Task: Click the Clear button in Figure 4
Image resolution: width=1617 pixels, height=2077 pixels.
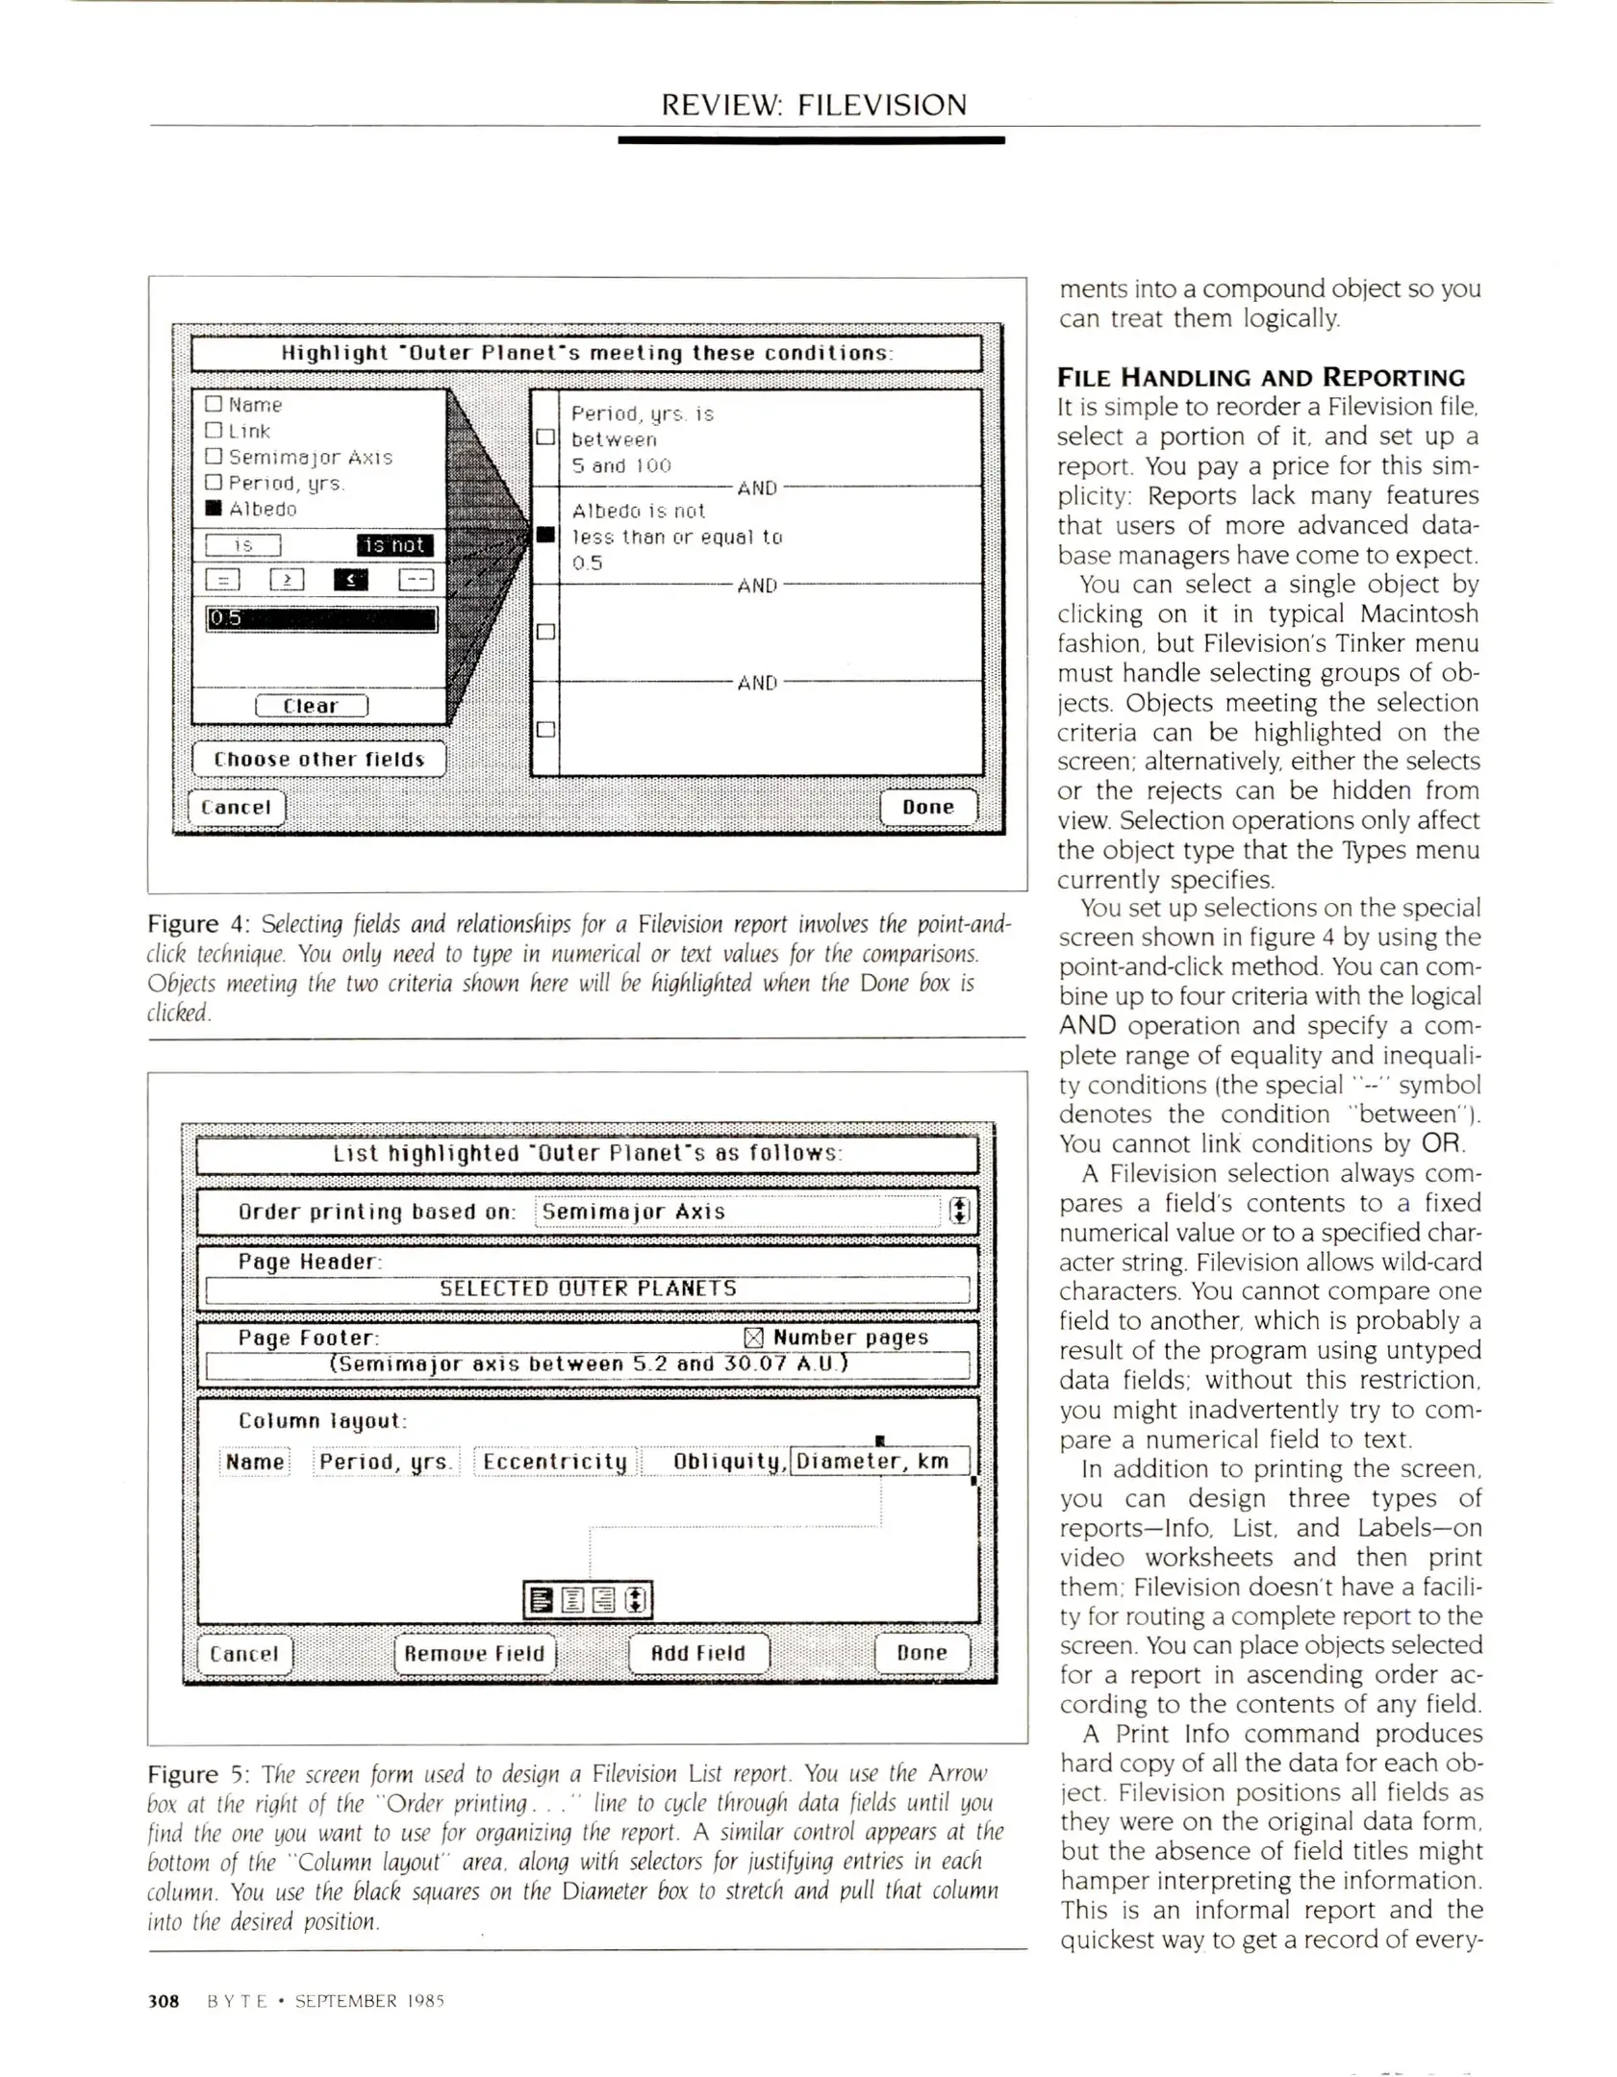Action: point(311,706)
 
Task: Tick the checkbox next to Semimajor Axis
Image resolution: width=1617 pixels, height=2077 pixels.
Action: point(214,457)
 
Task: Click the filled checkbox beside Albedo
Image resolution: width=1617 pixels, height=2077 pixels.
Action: point(214,509)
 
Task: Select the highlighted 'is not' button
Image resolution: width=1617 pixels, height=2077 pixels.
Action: point(394,545)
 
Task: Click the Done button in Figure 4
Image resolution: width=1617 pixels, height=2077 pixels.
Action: point(927,807)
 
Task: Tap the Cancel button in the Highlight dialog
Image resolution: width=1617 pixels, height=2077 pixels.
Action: point(236,808)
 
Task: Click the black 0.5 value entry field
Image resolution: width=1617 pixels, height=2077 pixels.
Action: point(321,618)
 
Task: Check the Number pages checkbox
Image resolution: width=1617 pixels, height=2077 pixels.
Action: point(753,1338)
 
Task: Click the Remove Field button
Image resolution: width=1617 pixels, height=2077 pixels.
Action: point(474,1653)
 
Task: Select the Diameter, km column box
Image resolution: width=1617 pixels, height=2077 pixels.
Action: point(879,1462)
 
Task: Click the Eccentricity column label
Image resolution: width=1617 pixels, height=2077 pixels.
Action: point(555,1462)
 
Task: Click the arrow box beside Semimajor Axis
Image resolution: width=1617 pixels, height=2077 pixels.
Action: point(959,1212)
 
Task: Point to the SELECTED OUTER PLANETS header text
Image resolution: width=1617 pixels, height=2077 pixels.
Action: point(588,1289)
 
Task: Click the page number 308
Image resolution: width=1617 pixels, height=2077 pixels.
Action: point(164,2001)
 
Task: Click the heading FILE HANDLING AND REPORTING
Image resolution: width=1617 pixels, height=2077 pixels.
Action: point(1260,377)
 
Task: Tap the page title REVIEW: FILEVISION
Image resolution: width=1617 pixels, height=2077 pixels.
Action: point(813,105)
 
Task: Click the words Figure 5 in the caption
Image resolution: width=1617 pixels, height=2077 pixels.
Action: point(196,1774)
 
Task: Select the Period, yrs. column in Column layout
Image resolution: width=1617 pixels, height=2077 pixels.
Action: point(386,1462)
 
